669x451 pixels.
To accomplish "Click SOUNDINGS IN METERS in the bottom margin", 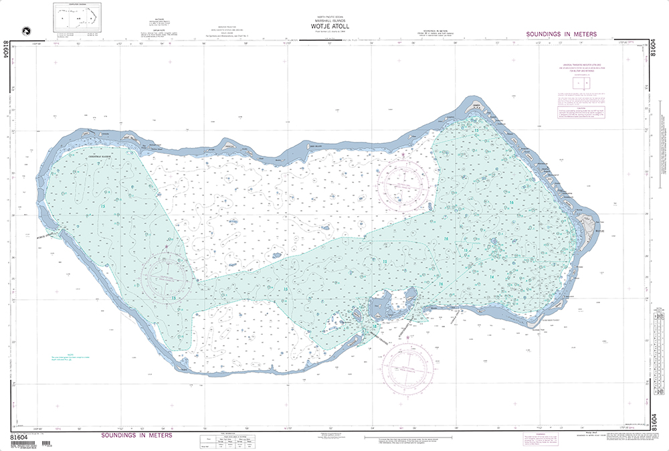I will (136, 435).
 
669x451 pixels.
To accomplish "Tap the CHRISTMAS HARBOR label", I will (102, 156).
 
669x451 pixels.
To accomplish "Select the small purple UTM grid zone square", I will (581, 84).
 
